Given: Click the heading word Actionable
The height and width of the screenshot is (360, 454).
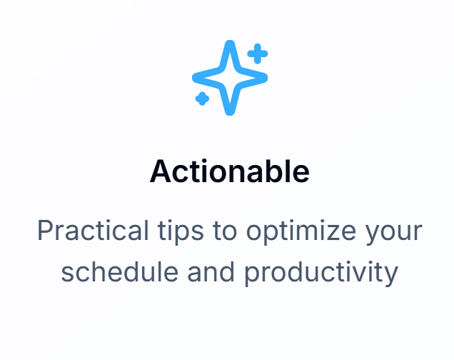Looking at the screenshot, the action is (x=230, y=171).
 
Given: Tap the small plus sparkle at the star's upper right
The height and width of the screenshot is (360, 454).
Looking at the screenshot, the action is (x=258, y=54).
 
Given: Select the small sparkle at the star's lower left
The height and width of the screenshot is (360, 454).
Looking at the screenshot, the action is (x=202, y=99).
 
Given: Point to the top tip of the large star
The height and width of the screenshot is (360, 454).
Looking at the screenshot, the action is (x=230, y=41).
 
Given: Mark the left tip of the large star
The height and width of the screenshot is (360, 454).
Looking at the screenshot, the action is (x=193, y=78).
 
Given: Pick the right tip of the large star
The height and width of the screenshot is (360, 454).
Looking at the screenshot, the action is (x=267, y=78).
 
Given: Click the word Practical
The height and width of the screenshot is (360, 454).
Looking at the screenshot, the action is (x=93, y=231).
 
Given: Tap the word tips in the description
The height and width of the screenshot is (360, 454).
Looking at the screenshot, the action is (x=181, y=232).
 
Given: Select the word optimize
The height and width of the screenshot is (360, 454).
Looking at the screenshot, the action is (x=301, y=232).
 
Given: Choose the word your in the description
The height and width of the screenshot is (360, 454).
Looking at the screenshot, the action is (x=393, y=234).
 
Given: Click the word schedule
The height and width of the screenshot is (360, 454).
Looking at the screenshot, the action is (x=120, y=271).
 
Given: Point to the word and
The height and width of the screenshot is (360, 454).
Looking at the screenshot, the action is (x=211, y=271).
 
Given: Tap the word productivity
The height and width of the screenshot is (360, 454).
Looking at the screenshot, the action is (x=321, y=273).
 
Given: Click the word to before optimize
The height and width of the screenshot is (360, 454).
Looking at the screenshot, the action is (x=225, y=231).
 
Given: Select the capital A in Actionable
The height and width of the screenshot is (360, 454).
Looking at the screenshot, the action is (x=161, y=171).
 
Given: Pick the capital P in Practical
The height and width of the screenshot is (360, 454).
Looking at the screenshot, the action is (x=46, y=231).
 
